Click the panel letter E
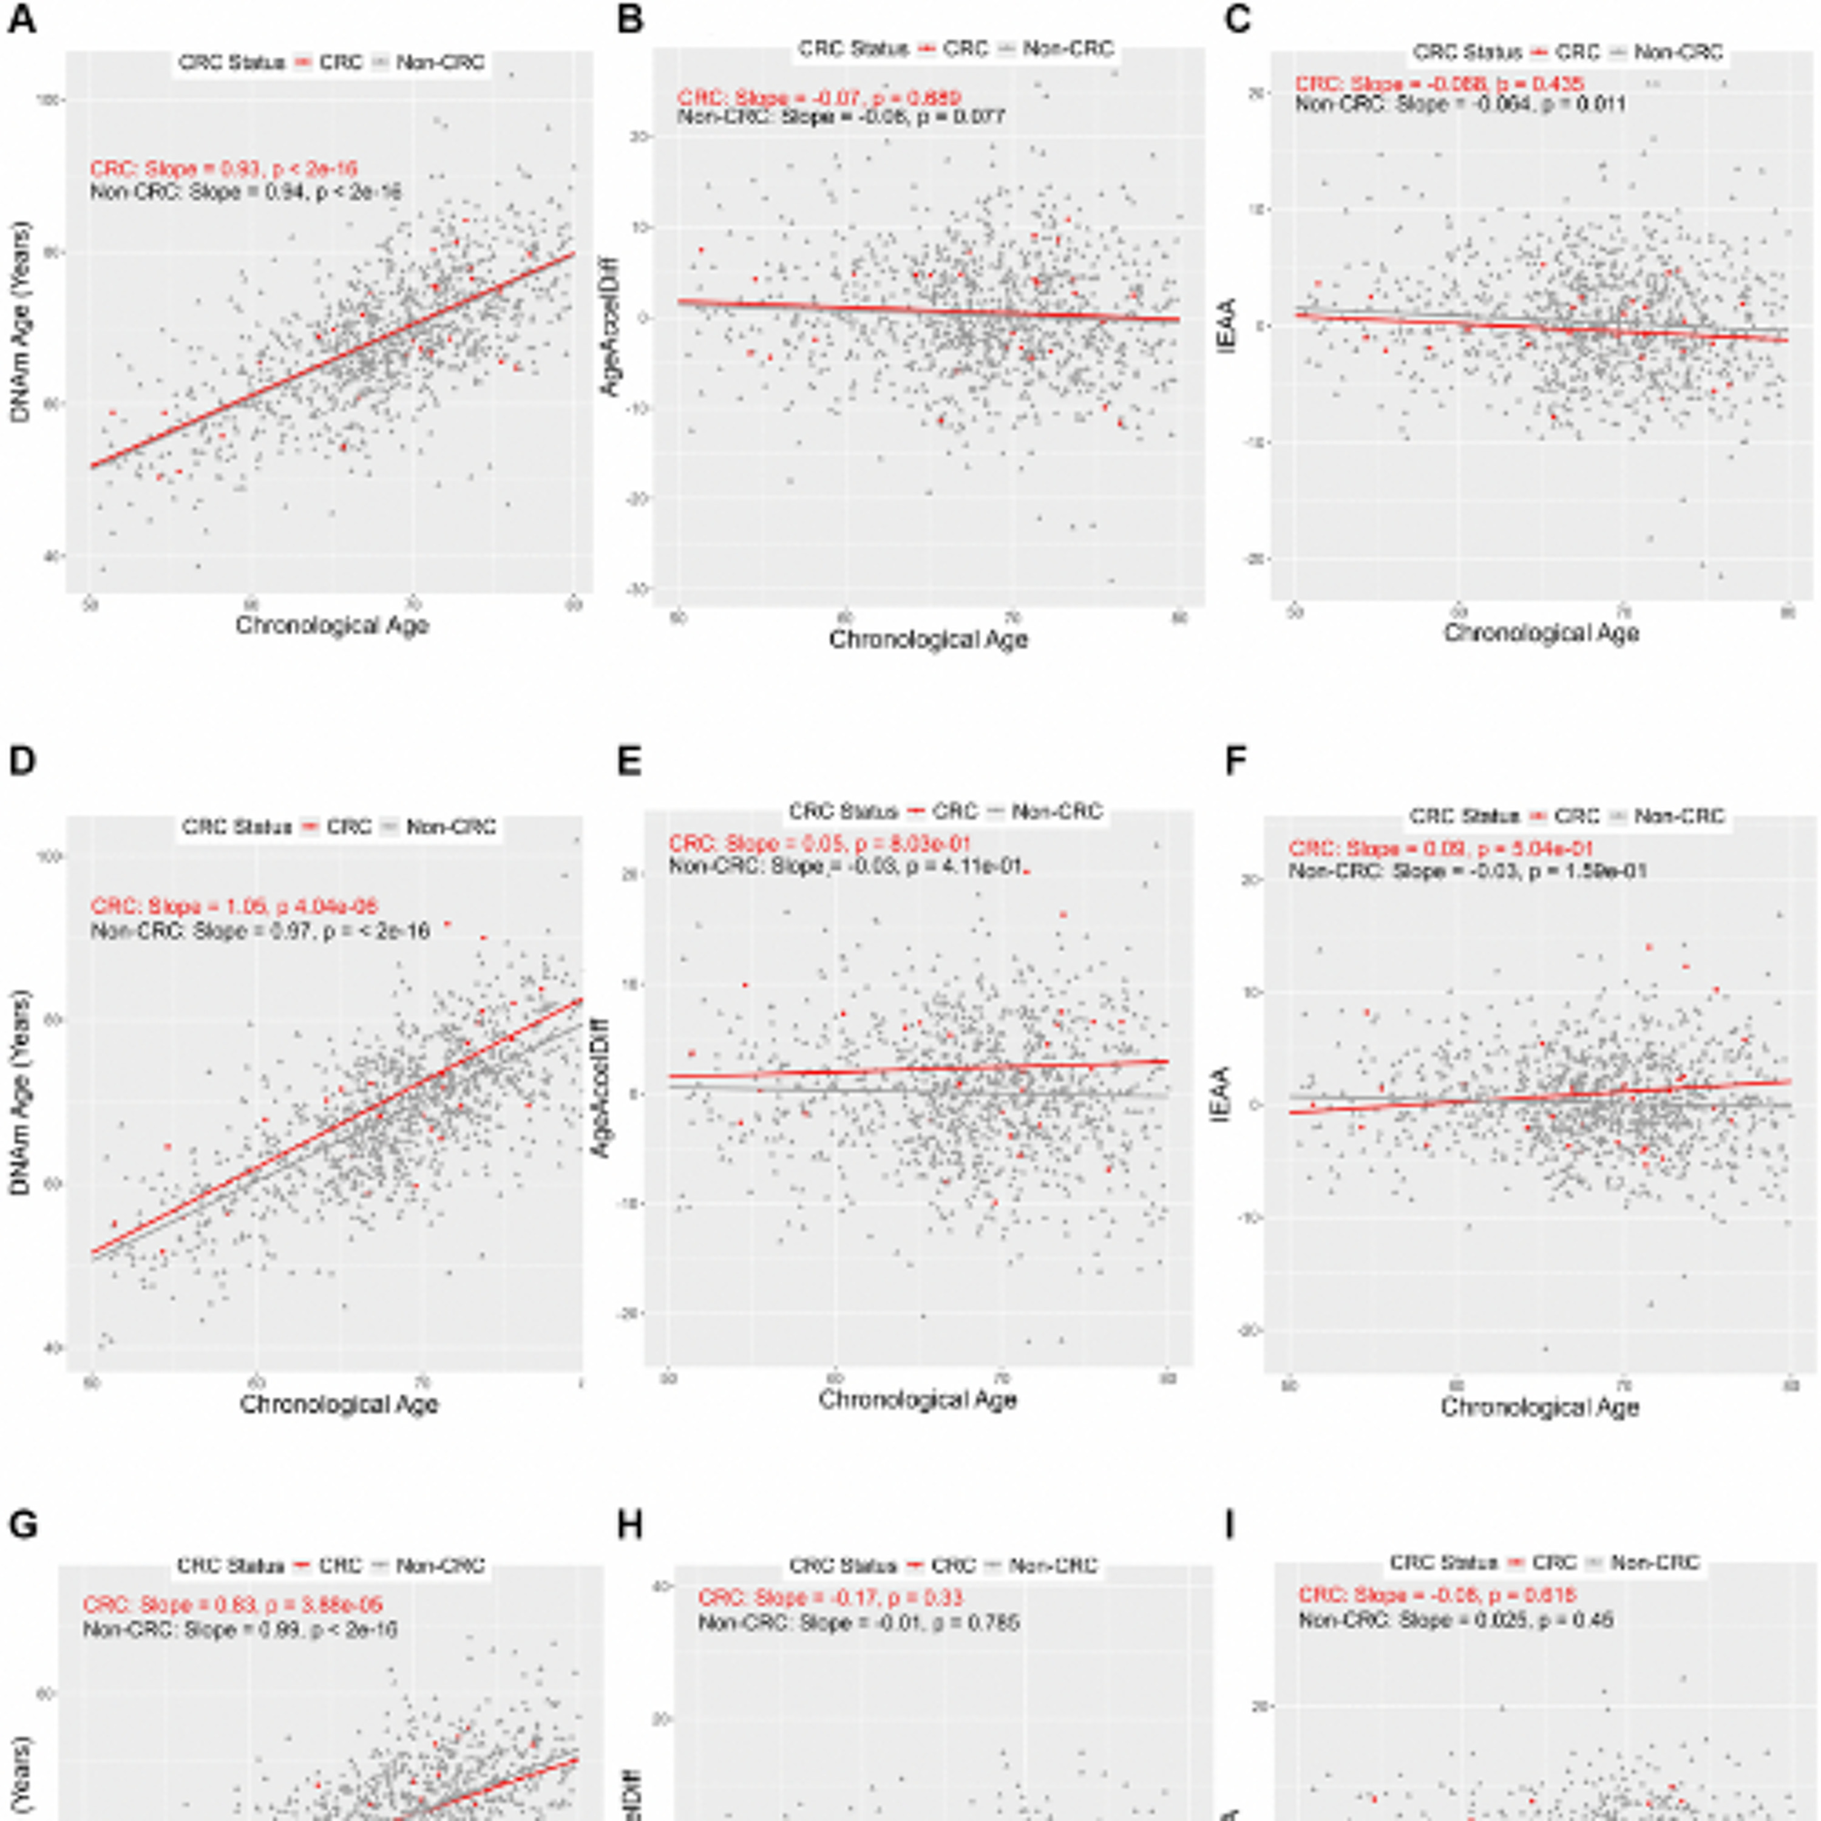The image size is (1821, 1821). coord(629,762)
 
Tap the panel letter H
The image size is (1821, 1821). coord(629,1525)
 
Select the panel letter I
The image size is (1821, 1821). coord(1230,1525)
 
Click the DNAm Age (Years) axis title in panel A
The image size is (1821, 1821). coord(21,320)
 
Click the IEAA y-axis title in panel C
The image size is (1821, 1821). coord(1227,325)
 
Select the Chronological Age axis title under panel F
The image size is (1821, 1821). coord(1539,1407)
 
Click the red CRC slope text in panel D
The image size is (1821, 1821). coord(234,907)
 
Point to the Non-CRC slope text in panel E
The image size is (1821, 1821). coord(846,865)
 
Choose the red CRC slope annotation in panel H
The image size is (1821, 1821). coord(829,1598)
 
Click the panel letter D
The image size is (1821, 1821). coord(22,762)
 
